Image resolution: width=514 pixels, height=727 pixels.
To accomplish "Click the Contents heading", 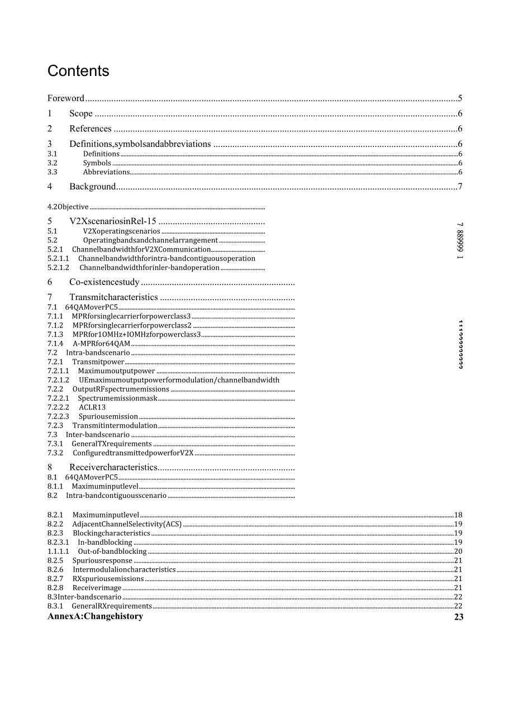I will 78,71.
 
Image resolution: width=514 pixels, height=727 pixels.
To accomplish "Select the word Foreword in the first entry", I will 66,98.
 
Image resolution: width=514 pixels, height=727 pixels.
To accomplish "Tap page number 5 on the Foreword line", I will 460,98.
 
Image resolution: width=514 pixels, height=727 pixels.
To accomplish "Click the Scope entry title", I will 81,113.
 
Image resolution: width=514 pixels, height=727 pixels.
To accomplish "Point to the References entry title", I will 91,129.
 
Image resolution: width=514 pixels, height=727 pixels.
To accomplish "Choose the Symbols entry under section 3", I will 97,163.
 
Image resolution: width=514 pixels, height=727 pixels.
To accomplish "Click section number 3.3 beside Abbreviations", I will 53,172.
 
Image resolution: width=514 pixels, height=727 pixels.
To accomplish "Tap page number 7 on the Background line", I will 460,187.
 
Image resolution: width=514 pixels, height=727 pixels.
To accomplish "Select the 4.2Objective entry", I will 68,207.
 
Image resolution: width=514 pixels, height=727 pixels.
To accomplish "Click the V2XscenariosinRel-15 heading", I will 113,221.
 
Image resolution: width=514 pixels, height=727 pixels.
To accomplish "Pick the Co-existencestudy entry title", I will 104,282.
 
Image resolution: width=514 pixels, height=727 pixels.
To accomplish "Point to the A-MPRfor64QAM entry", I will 101,344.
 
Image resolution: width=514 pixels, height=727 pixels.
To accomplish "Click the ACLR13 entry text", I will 92,407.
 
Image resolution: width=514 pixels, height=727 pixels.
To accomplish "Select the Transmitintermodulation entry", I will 115,426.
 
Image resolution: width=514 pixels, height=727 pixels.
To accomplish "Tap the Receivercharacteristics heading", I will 113,467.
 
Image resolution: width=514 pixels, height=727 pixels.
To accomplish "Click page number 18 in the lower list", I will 458,515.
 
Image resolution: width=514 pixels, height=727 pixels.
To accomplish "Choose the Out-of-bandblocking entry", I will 112,552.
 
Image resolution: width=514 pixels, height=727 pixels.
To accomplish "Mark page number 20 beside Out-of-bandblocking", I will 458,552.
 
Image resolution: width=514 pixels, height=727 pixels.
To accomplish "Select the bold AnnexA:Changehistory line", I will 96,616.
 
